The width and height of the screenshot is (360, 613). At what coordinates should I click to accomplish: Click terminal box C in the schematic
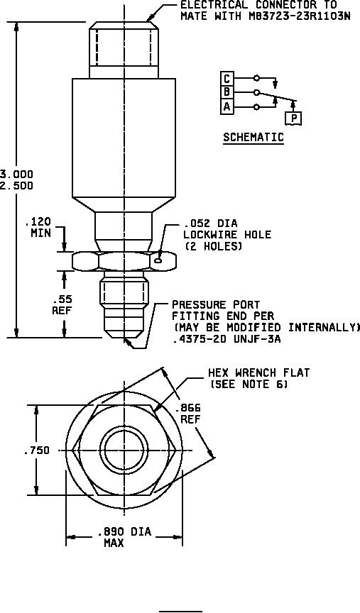click(227, 79)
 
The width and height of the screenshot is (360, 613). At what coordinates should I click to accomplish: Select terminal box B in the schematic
click(227, 93)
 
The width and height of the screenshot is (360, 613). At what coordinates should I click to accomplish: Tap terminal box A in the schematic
click(227, 106)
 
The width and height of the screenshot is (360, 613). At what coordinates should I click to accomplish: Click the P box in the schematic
click(293, 118)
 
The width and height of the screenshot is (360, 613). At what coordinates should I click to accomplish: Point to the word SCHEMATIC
click(253, 137)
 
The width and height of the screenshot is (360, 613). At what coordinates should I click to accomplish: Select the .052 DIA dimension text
click(210, 223)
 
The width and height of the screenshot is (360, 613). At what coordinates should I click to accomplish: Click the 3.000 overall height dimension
click(16, 174)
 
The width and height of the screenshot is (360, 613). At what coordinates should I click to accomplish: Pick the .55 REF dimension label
click(62, 304)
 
